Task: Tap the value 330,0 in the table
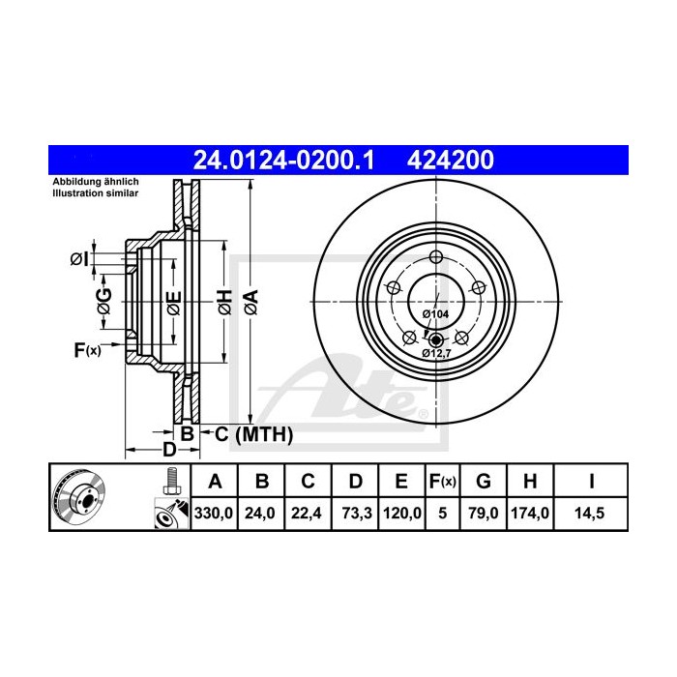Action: point(215,515)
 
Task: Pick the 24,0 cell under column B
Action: point(261,515)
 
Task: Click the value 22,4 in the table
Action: point(307,515)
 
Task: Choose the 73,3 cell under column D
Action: point(353,515)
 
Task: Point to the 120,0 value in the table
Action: point(399,515)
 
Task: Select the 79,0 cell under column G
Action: point(485,515)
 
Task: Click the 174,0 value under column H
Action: point(531,515)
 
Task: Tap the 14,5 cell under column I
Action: point(590,515)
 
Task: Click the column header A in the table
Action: point(215,481)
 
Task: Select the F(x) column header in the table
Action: point(442,481)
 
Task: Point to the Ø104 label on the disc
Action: point(434,314)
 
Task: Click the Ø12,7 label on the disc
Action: point(437,353)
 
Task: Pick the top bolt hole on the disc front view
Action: point(435,256)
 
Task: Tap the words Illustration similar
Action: point(95,193)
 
